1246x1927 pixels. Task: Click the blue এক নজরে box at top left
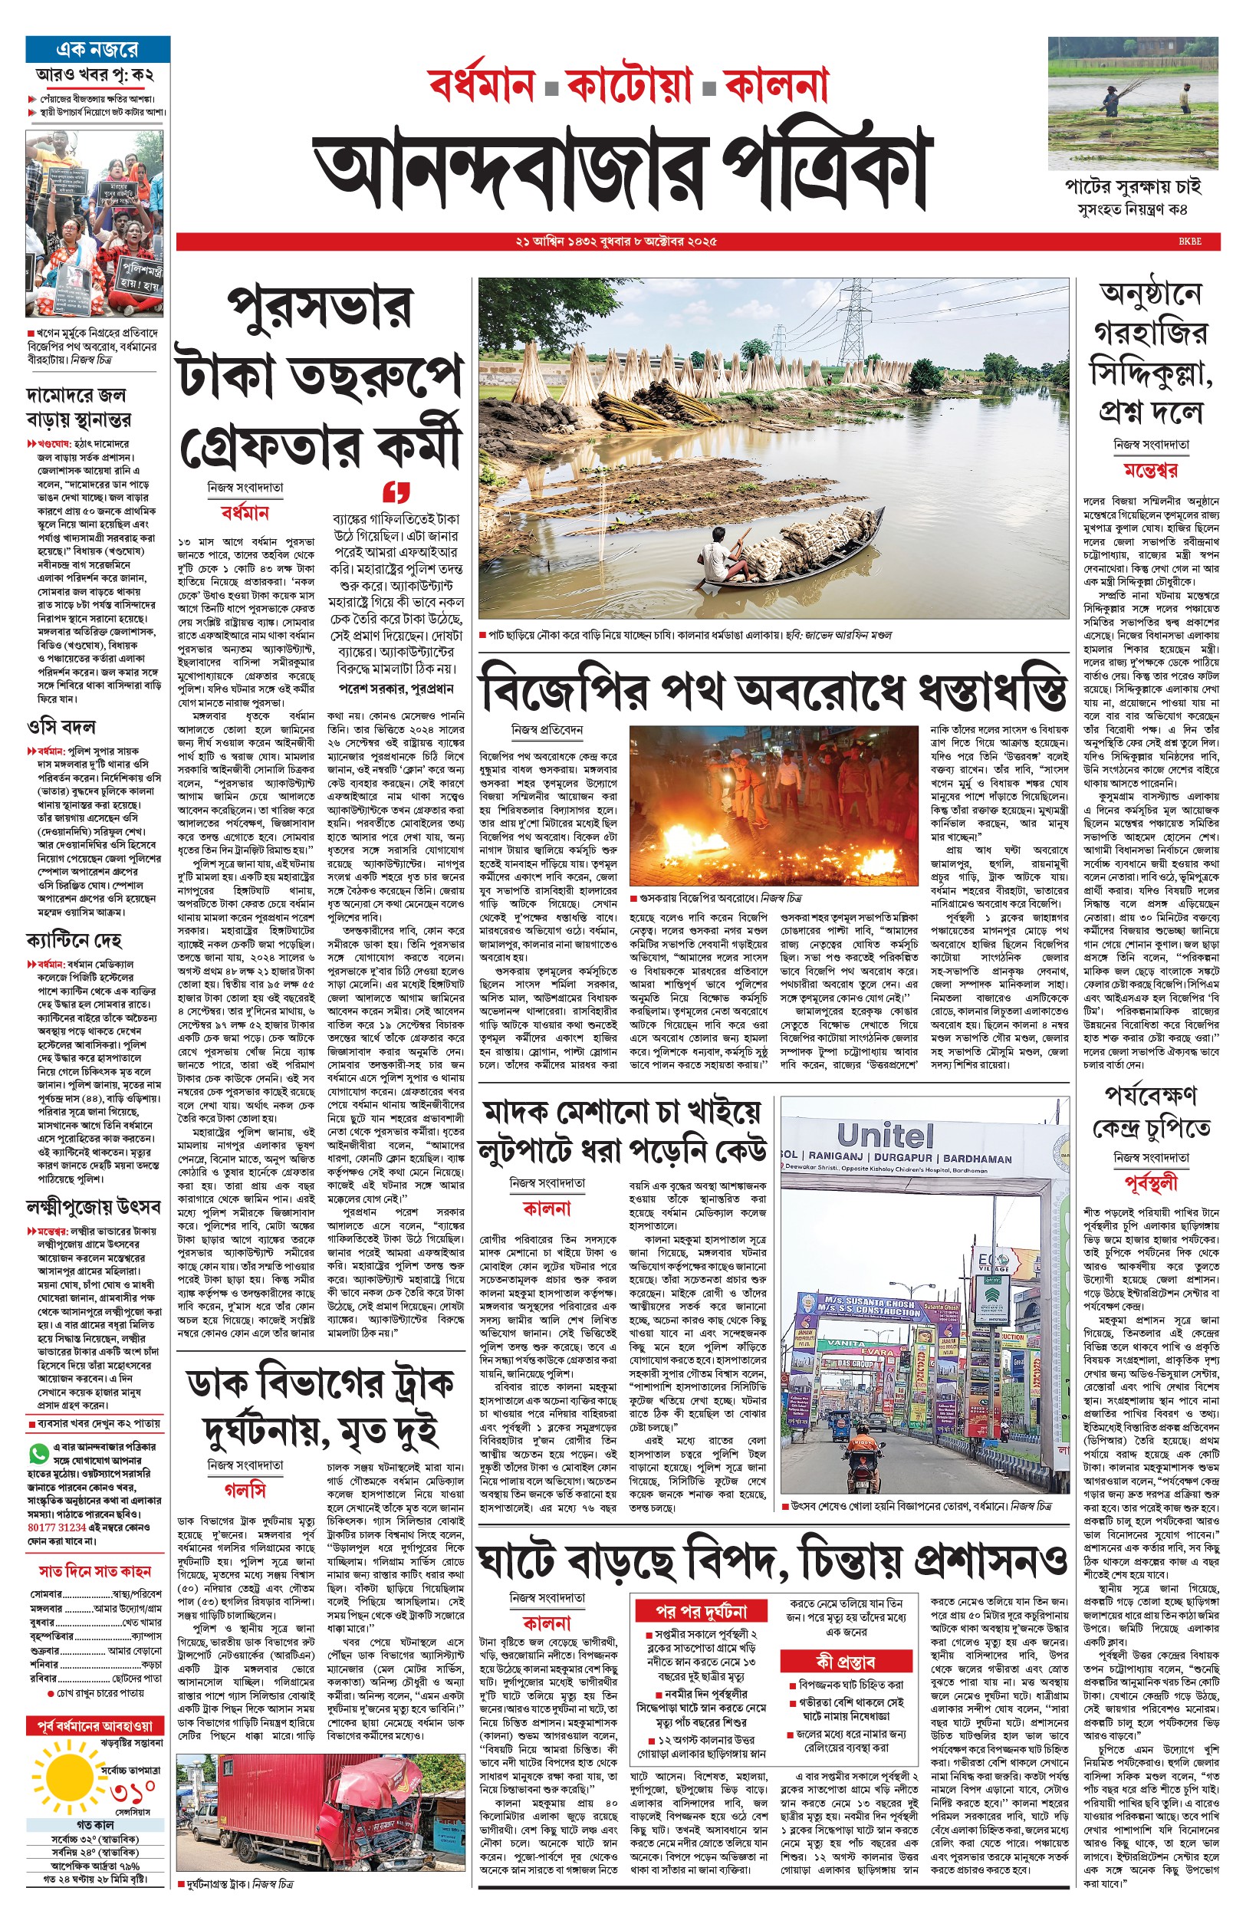click(x=97, y=49)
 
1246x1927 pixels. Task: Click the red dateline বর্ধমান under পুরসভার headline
click(x=245, y=513)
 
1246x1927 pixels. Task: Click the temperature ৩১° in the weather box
click(x=132, y=1796)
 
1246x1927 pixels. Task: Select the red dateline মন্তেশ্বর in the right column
click(x=1150, y=470)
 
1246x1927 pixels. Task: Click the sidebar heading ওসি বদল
click(x=61, y=726)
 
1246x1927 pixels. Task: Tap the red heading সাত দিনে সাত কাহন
click(x=96, y=1593)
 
